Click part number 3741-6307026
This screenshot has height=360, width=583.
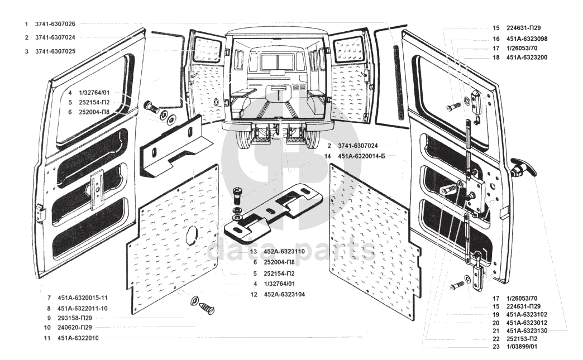click(55, 24)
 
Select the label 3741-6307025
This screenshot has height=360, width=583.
click(55, 51)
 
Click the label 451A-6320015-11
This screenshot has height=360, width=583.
click(82, 297)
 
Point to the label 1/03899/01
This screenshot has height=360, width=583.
click(524, 347)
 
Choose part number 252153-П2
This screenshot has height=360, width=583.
click(524, 339)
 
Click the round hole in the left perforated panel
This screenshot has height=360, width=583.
click(191, 236)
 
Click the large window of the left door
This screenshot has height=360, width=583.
click(93, 100)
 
